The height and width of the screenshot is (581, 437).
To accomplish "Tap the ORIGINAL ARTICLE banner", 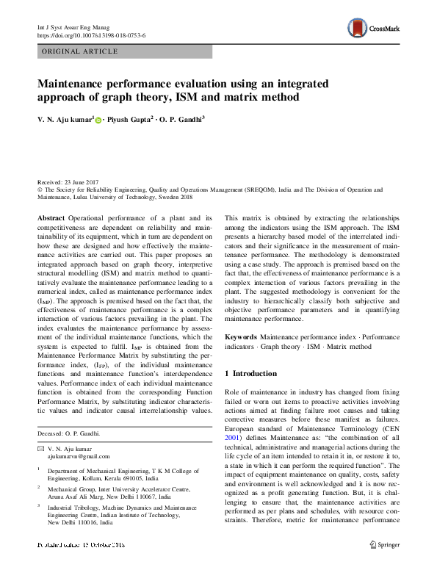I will pyautogui.click(x=80, y=51).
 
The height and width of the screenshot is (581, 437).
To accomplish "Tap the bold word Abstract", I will pyautogui.click(x=51, y=219).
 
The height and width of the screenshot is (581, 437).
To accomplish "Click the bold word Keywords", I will pyautogui.click(x=240, y=336).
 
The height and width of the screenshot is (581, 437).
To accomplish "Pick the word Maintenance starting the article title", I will pyautogui.click(x=73, y=84).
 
